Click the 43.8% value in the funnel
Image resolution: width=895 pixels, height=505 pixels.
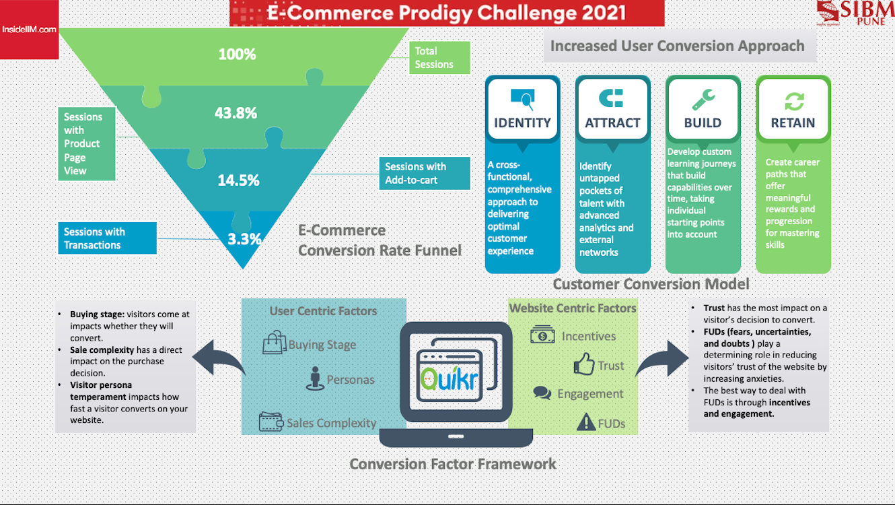[236, 113]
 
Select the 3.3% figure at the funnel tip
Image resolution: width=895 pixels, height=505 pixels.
[244, 239]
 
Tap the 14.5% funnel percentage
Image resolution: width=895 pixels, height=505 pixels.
[238, 180]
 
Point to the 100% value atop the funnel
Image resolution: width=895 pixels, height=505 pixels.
[238, 55]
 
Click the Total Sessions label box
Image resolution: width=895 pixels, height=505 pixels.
[439, 58]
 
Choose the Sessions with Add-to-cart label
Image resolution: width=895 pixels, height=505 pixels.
[425, 173]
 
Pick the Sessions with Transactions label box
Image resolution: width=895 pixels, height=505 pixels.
[108, 238]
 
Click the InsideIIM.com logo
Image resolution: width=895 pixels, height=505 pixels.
[29, 30]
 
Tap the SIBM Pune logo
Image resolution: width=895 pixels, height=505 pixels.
[855, 13]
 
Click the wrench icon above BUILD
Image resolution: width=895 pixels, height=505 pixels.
[703, 100]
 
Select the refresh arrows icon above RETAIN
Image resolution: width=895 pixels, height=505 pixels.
[794, 101]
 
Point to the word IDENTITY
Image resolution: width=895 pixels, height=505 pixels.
[522, 123]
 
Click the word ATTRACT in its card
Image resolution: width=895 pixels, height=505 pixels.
[612, 123]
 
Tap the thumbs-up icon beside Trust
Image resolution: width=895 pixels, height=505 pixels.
[584, 364]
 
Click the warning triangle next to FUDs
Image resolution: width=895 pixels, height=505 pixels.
[586, 422]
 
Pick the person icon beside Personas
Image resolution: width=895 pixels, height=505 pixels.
[315, 378]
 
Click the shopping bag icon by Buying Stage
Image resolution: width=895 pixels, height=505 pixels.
[275, 342]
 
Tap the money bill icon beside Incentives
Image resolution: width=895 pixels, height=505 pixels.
[542, 334]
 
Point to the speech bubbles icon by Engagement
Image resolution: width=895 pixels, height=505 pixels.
[542, 393]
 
